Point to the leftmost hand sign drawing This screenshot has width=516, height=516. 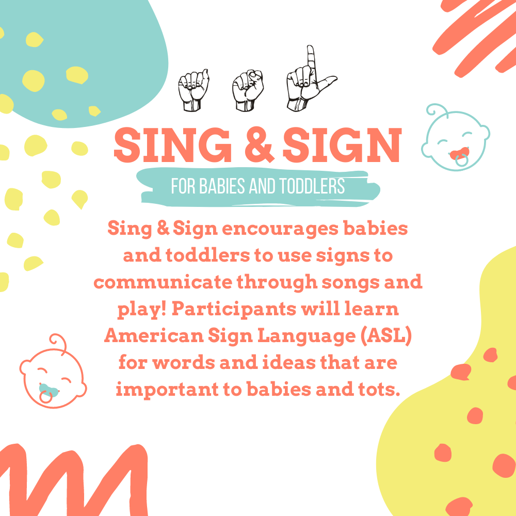click(194, 91)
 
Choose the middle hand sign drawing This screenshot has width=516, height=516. click(248, 91)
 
